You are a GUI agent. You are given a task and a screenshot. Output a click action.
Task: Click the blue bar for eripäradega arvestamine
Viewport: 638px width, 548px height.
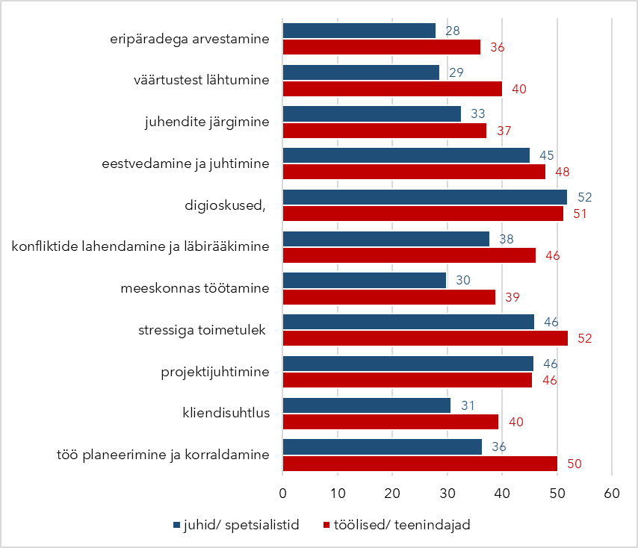tap(359, 31)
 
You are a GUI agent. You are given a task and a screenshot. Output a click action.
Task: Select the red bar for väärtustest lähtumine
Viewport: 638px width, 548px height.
tap(392, 89)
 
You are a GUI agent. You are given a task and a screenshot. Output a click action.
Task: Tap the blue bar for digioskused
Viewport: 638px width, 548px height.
tap(424, 197)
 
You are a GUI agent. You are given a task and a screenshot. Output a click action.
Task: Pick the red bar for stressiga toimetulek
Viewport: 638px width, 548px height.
tap(425, 338)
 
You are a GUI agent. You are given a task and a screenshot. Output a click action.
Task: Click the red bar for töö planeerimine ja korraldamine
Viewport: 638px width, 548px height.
tap(420, 464)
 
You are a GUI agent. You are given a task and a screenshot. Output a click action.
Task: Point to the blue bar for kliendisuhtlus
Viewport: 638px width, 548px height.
tap(367, 405)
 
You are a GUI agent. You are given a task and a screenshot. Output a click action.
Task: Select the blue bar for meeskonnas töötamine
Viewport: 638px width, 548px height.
tap(365, 280)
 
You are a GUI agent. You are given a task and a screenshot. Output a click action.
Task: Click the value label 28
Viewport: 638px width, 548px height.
tap(452, 31)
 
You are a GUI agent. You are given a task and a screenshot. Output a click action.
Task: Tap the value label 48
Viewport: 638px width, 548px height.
tap(562, 172)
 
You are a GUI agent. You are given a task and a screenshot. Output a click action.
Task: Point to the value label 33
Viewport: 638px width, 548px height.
tap(477, 114)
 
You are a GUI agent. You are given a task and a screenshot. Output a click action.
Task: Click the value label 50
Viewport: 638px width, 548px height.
tap(574, 464)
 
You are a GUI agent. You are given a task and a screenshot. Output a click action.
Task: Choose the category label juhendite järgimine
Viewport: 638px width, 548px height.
tap(207, 122)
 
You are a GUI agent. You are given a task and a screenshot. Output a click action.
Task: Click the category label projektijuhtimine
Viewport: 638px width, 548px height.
tap(215, 371)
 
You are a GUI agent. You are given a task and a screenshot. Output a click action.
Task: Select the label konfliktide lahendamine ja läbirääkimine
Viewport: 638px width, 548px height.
tap(140, 246)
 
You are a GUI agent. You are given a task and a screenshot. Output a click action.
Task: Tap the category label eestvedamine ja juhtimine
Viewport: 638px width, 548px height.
tap(185, 163)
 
